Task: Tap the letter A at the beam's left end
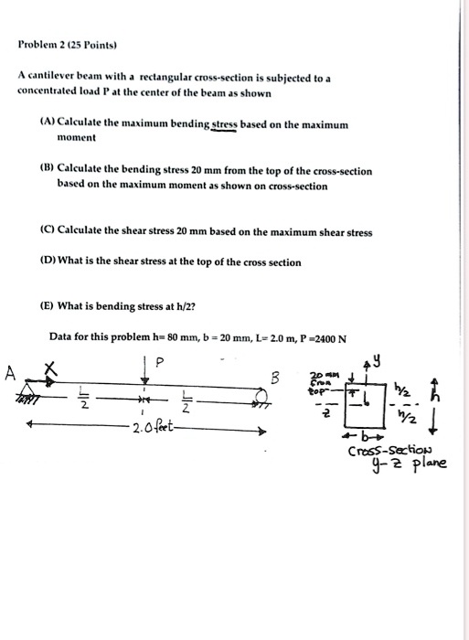(x=12, y=373)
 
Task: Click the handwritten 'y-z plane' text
(x=402, y=466)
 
